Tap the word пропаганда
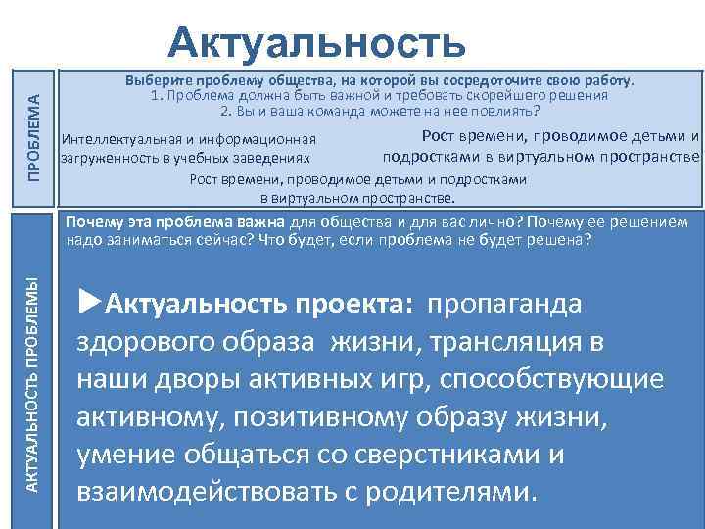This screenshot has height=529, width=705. tap(503, 304)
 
